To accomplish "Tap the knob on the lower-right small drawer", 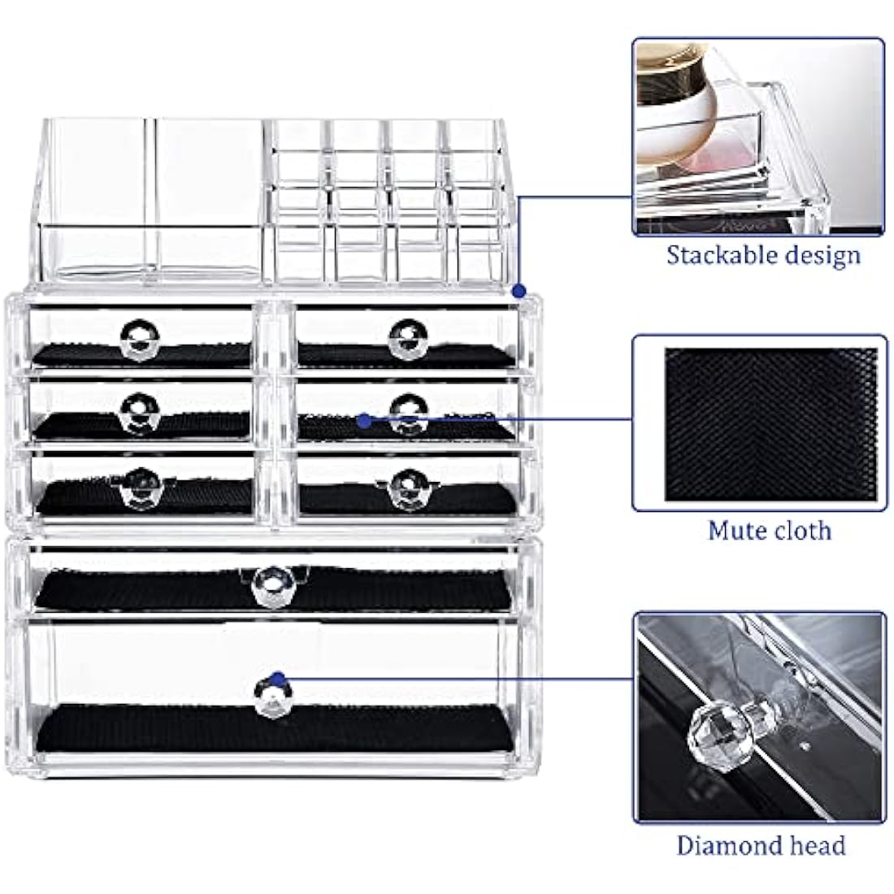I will [403, 488].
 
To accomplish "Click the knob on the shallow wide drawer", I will [271, 584].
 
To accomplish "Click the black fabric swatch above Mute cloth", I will [770, 424].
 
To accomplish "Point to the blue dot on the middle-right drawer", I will [364, 420].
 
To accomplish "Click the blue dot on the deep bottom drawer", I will [278, 677].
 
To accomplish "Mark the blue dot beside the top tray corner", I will [519, 290].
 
